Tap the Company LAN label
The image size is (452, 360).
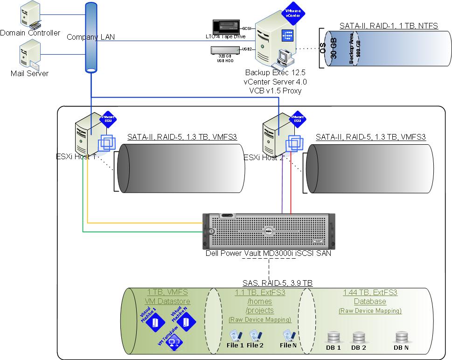[x=90, y=36]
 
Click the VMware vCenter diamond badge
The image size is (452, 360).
[x=294, y=14]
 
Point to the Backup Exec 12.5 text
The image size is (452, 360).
[x=276, y=73]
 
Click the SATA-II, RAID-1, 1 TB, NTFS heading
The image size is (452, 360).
[x=389, y=26]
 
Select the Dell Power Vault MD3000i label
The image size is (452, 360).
[x=268, y=253]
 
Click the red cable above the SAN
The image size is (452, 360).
[x=291, y=187]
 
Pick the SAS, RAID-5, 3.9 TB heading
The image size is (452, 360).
[x=277, y=282]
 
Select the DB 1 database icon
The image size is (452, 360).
[x=333, y=337]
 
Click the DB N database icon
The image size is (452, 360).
[x=401, y=337]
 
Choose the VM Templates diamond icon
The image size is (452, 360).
[x=172, y=343]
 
